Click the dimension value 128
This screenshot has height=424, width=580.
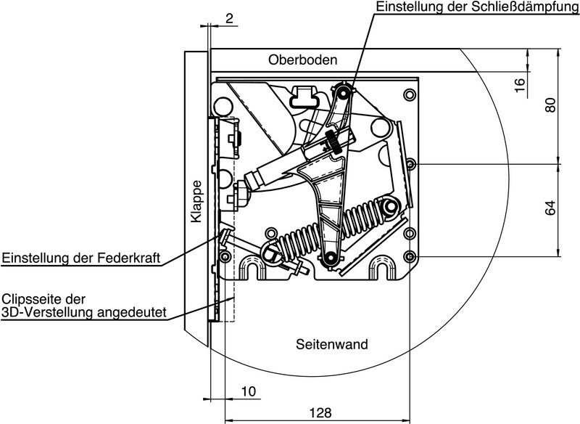[x=320, y=412]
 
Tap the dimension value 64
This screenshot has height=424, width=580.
[x=550, y=208]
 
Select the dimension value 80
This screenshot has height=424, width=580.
[x=550, y=105]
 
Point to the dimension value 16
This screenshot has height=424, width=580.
[x=520, y=85]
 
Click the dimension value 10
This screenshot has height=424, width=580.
[x=249, y=391]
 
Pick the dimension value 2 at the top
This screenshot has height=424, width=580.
[x=229, y=18]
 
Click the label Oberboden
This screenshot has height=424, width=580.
[x=302, y=60]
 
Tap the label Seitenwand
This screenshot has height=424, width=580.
[x=332, y=344]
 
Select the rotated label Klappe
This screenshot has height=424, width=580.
[x=196, y=201]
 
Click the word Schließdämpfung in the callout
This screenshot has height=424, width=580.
[x=521, y=7]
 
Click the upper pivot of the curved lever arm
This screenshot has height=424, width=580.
[x=343, y=94]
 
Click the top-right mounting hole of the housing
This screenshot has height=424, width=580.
[x=410, y=94]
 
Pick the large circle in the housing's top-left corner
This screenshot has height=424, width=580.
[x=223, y=106]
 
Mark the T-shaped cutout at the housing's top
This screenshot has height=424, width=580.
[x=304, y=96]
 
